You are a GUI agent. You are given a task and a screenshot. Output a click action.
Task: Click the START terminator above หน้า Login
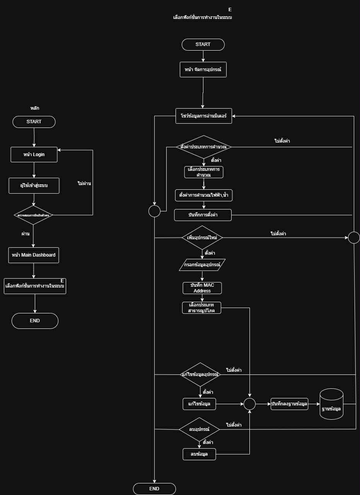pos(34,122)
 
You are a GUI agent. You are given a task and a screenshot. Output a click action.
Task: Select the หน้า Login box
pos(34,155)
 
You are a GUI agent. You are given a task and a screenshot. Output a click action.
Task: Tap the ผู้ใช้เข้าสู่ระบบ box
pos(34,185)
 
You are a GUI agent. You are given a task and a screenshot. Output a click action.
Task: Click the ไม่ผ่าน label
pos(84,184)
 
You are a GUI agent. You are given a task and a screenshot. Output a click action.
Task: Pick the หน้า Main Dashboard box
pos(34,255)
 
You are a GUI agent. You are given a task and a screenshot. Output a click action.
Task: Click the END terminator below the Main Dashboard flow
pos(35,321)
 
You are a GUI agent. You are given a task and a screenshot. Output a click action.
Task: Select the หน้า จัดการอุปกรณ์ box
pos(203,70)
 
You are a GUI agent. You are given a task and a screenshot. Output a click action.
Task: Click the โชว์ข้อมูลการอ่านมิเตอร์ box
pos(204,116)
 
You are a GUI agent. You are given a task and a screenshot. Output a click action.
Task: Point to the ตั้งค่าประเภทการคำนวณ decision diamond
pos(204,147)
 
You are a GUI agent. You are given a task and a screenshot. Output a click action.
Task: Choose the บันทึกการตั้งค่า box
pos(203,215)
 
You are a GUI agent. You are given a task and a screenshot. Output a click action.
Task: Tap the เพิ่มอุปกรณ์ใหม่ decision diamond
pos(202,237)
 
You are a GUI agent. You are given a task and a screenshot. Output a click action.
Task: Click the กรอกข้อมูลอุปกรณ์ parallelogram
pos(202,265)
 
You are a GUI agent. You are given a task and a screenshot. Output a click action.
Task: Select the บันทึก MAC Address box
pos(202,288)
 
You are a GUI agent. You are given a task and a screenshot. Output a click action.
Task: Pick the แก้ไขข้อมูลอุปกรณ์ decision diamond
pos(200,374)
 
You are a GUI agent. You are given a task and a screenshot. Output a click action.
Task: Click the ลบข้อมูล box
pos(199,454)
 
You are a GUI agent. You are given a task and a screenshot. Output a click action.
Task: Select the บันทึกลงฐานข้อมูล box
pos(290,404)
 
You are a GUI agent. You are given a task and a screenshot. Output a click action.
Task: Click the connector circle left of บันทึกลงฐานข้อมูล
pos(249,404)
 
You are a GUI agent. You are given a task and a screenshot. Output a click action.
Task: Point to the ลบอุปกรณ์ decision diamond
pos(200,429)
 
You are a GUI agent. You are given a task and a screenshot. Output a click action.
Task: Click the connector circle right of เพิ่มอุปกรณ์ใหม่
pos(354,237)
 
